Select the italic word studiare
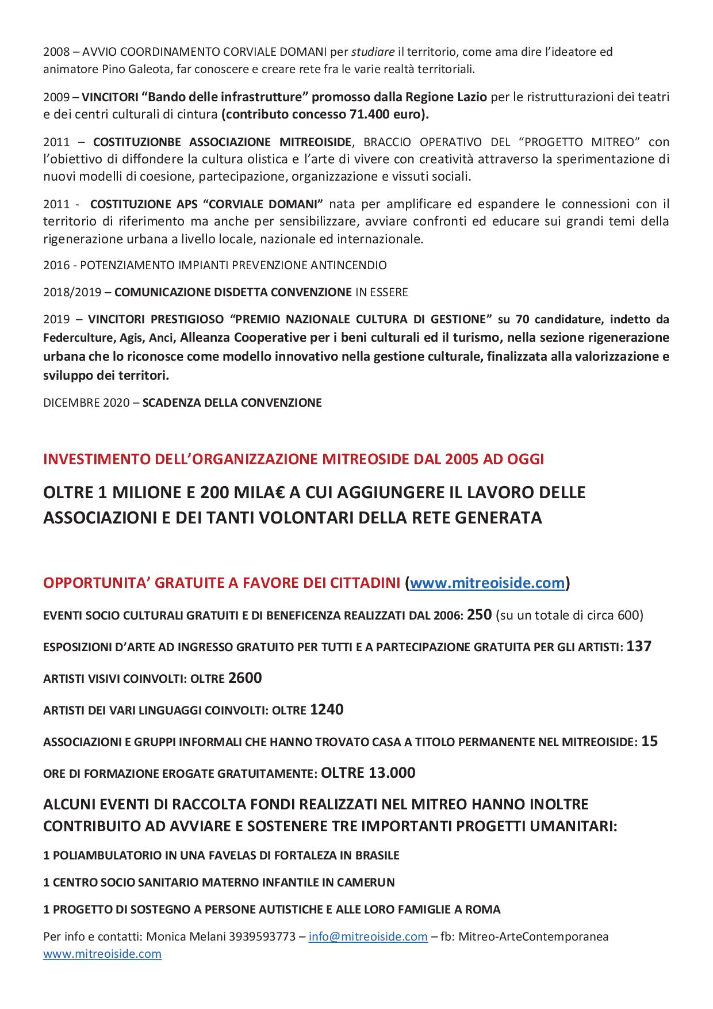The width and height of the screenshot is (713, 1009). click(373, 52)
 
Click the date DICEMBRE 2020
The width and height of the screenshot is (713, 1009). click(86, 403)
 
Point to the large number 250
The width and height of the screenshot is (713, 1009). click(479, 614)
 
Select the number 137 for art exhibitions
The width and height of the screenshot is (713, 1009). click(639, 646)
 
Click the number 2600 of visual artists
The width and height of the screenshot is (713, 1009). click(245, 678)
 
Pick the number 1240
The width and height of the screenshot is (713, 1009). click(327, 709)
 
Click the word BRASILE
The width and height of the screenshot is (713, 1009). click(377, 855)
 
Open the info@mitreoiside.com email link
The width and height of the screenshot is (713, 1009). click(368, 937)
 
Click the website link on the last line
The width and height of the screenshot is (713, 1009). click(102, 954)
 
